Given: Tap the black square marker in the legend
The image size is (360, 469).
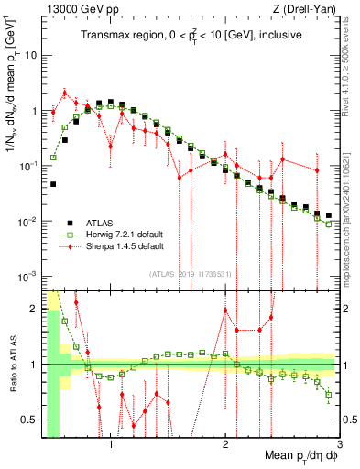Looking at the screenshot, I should [x=70, y=223].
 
